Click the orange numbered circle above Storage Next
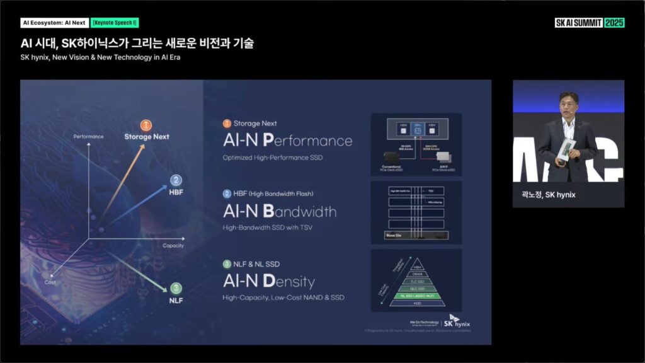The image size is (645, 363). coord(146,125)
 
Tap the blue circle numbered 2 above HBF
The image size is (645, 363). coord(176,180)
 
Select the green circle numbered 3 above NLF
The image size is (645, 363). coord(176,288)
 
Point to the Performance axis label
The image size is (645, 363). coord(89,136)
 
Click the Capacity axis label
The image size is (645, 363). coord(174,245)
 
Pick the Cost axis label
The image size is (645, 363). coord(50,282)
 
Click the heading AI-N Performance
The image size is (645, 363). coord(287,140)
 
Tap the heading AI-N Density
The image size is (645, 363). coord(269,281)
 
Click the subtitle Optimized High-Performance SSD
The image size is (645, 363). coord(273,157)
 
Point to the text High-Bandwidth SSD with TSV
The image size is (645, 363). coord(268,227)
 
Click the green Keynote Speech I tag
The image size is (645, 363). coord(115,23)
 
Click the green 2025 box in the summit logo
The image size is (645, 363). coord(614,23)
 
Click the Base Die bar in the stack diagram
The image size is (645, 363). coord(416,235)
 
